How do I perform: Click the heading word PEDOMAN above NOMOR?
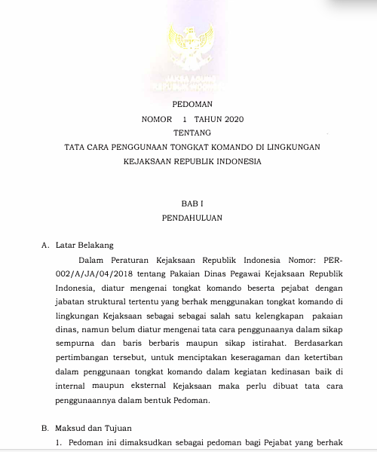193,105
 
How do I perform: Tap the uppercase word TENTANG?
193,133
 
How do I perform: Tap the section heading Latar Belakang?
83,245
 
